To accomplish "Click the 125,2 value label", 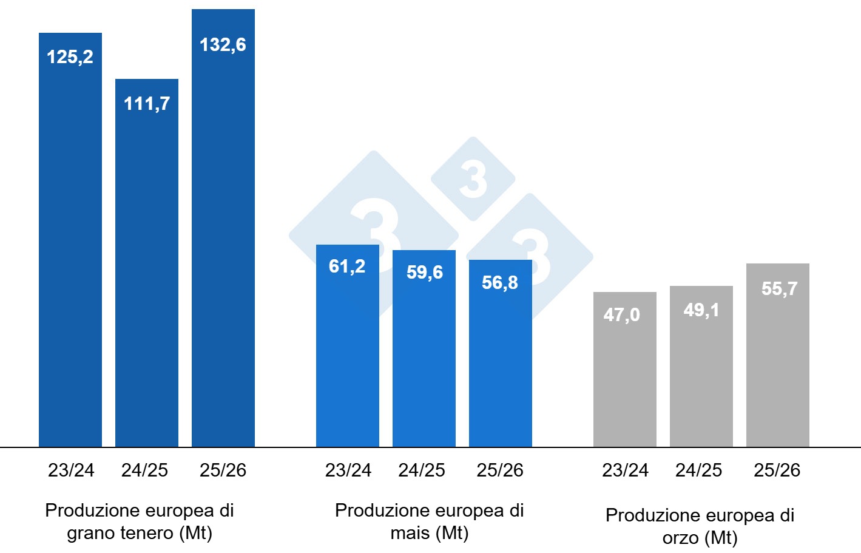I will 70,57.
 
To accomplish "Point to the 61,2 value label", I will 347,266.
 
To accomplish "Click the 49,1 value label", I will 701,310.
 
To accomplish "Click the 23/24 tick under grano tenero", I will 71,470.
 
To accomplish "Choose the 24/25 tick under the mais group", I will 422,470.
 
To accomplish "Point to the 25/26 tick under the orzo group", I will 777,470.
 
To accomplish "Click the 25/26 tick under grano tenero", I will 223,470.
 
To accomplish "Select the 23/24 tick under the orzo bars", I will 625,470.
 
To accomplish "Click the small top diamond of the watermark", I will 473,179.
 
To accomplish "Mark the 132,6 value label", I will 223,45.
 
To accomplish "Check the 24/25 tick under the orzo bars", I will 698,470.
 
